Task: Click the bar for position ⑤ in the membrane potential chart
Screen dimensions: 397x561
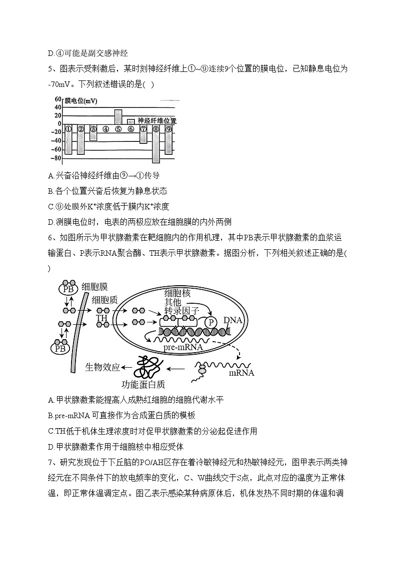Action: click(x=118, y=117)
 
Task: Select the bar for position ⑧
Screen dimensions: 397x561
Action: click(x=156, y=144)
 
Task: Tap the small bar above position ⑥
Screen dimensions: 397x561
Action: click(x=131, y=121)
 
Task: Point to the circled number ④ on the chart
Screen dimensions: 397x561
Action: click(x=106, y=129)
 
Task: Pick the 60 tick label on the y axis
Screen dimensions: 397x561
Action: click(x=58, y=99)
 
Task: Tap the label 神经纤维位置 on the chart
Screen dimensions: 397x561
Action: click(x=156, y=121)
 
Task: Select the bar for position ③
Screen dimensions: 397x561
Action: click(x=93, y=133)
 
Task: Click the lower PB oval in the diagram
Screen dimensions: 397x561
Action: click(x=61, y=347)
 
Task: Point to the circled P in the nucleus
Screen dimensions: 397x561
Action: click(x=211, y=322)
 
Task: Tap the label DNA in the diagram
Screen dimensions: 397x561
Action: click(x=233, y=320)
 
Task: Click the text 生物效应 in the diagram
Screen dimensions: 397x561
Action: click(x=102, y=367)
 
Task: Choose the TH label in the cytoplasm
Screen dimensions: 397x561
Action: click(x=102, y=318)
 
